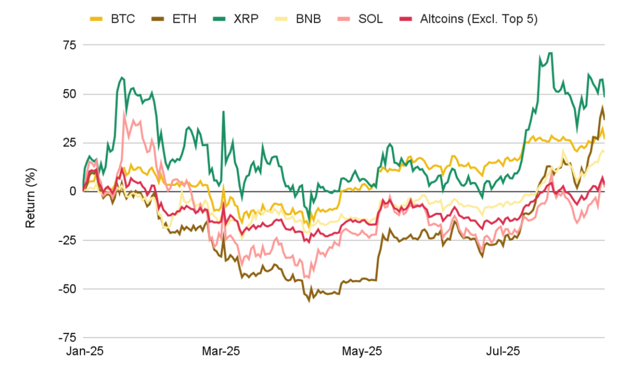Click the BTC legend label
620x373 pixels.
click(122, 19)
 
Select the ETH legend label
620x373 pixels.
click(184, 19)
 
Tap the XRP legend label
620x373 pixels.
click(246, 19)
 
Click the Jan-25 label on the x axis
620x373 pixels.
click(85, 352)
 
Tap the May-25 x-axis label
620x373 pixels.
click(362, 352)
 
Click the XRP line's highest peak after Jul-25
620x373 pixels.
click(550, 53)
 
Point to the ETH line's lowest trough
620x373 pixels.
click(309, 301)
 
